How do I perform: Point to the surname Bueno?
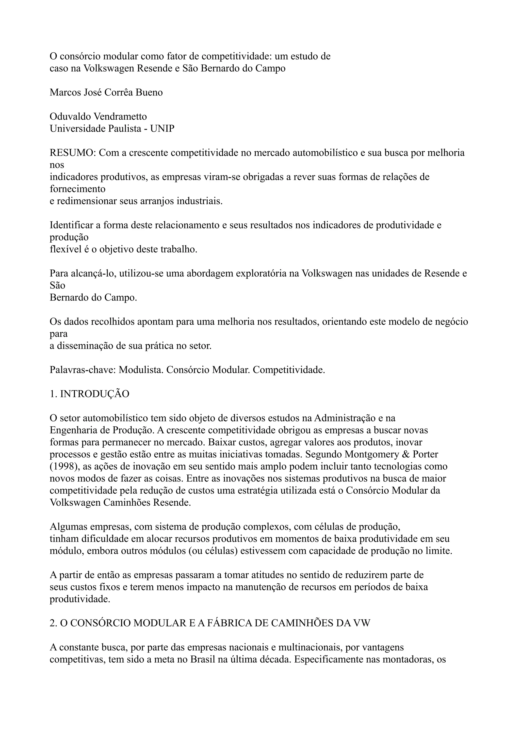[149, 92]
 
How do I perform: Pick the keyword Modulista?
[141, 370]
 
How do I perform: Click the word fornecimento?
[77, 189]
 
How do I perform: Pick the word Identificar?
[71, 225]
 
